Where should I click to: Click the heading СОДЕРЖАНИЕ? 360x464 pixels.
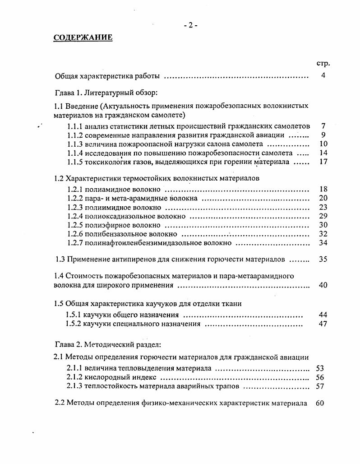[83, 37]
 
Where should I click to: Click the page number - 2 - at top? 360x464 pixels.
[190, 25]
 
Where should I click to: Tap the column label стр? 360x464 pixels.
[323, 63]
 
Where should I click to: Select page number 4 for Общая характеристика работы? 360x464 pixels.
[323, 76]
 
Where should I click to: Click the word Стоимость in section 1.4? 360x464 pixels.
[83, 276]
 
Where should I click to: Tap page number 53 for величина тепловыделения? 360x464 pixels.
[320, 369]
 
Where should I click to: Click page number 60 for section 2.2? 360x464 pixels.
[320, 403]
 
